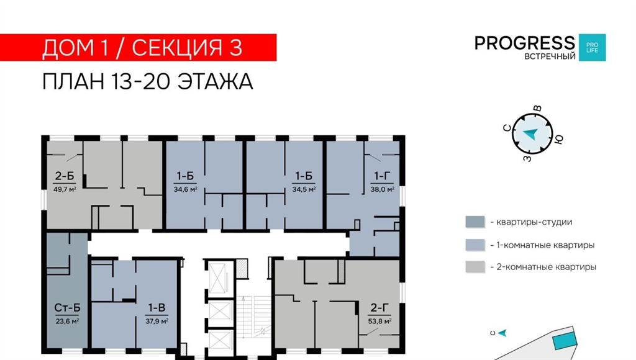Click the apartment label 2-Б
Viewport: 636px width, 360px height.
[x=65, y=176]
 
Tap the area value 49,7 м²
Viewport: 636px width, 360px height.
[x=65, y=189]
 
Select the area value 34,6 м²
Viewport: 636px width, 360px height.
[x=185, y=189]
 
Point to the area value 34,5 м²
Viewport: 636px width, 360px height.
[x=304, y=189]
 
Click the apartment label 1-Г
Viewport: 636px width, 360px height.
[x=382, y=176]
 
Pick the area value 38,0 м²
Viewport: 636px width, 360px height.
[x=382, y=189]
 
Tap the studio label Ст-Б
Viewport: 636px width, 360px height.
[x=67, y=308]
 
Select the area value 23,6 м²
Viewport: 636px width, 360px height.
[x=67, y=322]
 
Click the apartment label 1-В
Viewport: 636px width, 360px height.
[x=157, y=308]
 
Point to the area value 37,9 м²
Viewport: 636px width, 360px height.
[x=157, y=322]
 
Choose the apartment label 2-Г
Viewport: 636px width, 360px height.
[x=379, y=308]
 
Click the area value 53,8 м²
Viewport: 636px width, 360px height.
[x=379, y=322]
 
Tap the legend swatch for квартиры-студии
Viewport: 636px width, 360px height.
[x=475, y=222]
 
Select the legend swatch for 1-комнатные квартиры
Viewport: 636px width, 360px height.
[x=475, y=245]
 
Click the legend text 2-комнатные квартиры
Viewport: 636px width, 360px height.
[x=543, y=267]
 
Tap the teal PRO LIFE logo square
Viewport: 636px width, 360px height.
[x=592, y=47]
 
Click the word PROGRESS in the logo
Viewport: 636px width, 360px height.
[x=525, y=43]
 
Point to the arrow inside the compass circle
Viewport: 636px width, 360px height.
[x=530, y=133]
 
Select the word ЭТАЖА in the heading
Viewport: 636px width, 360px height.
[x=215, y=81]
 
